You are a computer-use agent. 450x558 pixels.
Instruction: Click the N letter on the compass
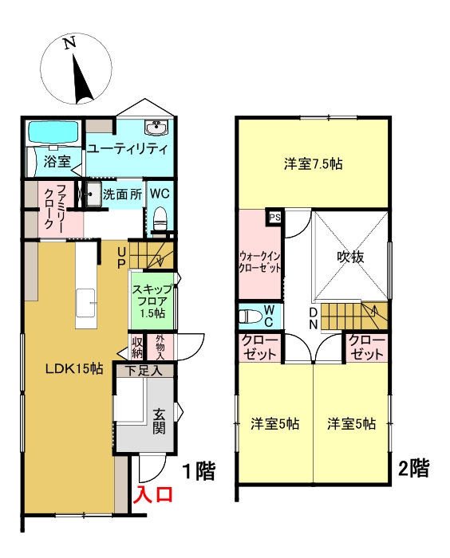pyautogui.click(x=70, y=45)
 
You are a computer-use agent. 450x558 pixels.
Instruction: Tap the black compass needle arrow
pyautogui.click(x=81, y=77)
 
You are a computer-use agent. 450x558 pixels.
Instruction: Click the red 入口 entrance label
pyautogui.click(x=152, y=495)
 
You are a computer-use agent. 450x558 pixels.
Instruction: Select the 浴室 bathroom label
pyautogui.click(x=57, y=162)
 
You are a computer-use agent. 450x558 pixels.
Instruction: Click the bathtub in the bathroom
pyautogui.click(x=53, y=132)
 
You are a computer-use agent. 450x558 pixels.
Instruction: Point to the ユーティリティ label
pyautogui.click(x=127, y=149)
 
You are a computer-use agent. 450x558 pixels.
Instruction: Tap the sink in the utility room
pyautogui.click(x=156, y=128)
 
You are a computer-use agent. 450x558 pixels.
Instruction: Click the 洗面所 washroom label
pyautogui.click(x=122, y=193)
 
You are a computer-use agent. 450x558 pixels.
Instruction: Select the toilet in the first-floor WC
pyautogui.click(x=159, y=218)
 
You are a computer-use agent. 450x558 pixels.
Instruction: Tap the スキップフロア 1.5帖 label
pyautogui.click(x=150, y=301)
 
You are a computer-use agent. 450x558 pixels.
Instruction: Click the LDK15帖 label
pyautogui.click(x=73, y=367)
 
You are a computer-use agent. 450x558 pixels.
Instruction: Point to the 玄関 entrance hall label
pyautogui.click(x=159, y=421)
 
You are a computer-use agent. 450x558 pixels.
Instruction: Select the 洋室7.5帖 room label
pyautogui.click(x=314, y=165)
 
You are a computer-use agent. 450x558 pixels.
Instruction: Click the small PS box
pyautogui.click(x=274, y=217)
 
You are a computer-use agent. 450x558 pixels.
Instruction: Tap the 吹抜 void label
pyautogui.click(x=350, y=257)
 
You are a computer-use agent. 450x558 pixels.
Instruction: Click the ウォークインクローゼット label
pyautogui.click(x=260, y=262)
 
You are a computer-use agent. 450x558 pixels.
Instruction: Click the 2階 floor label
pyautogui.click(x=413, y=468)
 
